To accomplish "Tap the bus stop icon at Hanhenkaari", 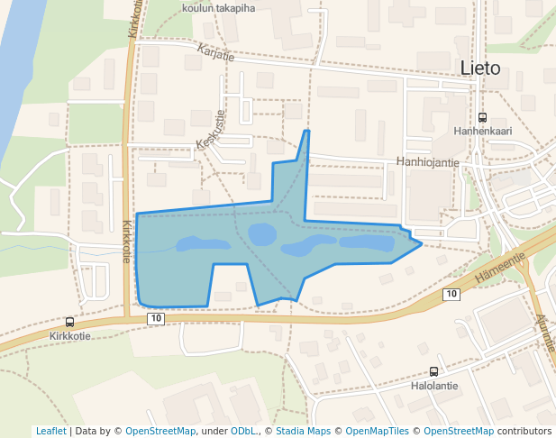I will pos(482,117).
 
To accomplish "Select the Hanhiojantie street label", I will pos(428,162).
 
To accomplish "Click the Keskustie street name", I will pos(208,132).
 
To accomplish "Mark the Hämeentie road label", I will pos(499,263).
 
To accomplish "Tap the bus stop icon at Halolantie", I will pos(433,371).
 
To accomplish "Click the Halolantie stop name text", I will pos(433,385).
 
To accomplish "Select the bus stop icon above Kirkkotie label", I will pos(69,322).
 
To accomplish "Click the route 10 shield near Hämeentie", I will pos(451,295).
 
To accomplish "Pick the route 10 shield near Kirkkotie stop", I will pos(156,319).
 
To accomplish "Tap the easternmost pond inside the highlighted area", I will pos(368,242).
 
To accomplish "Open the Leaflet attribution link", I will pos(50,431).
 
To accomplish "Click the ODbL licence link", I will pos(242,431).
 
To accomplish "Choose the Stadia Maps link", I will pos(302,431).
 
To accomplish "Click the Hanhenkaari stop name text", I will pos(482,131).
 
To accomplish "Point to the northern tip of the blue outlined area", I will pos(306,132).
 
